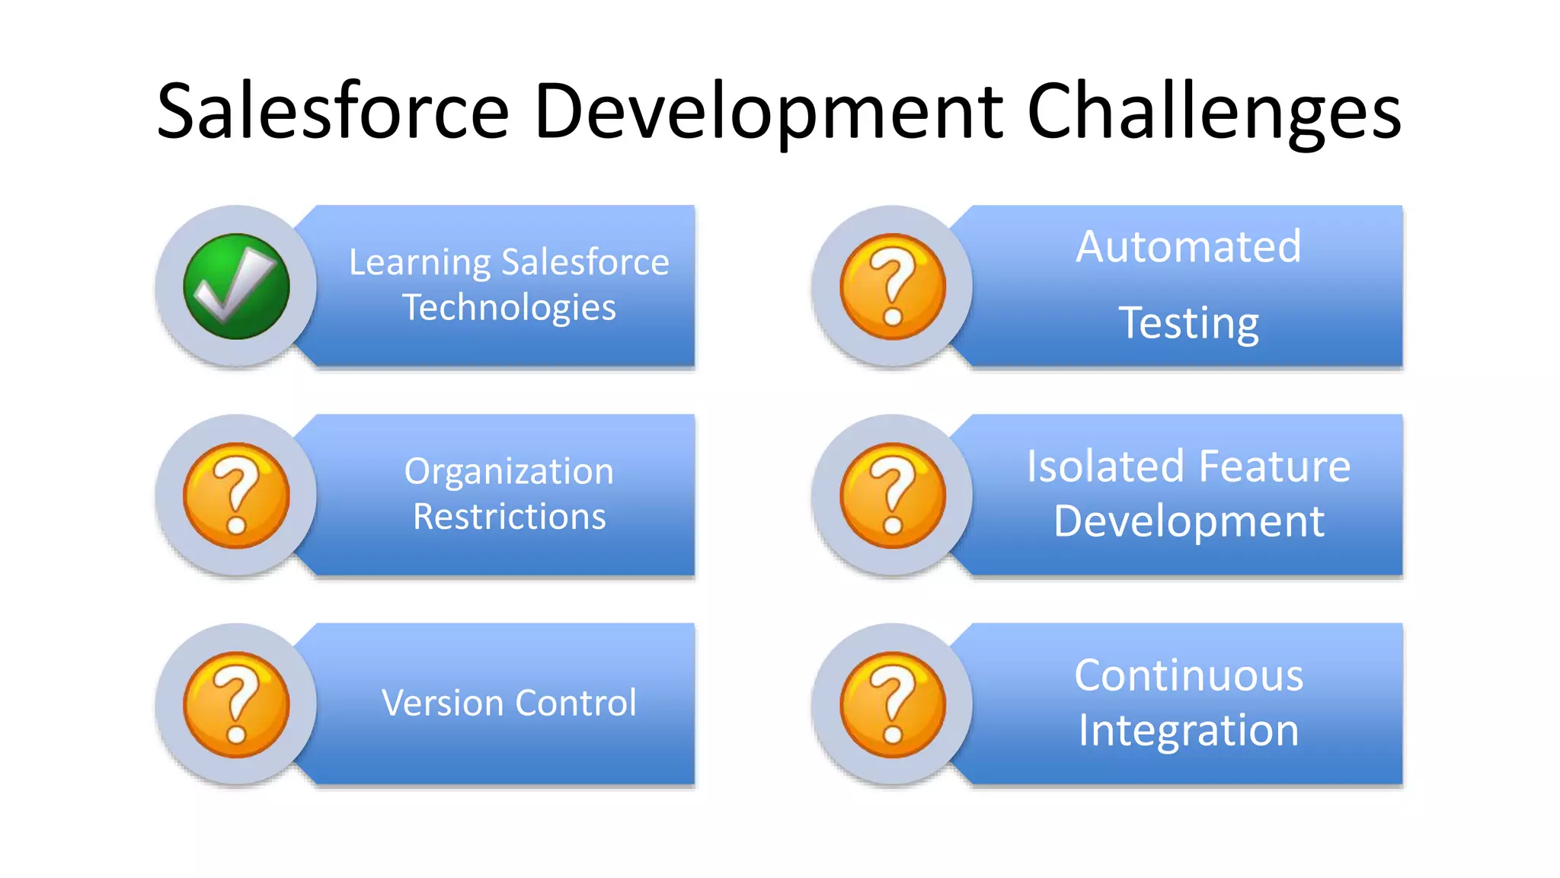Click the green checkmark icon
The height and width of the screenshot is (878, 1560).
[236, 287]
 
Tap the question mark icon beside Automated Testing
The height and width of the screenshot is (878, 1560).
[893, 287]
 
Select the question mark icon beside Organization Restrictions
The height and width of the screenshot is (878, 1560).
[236, 495]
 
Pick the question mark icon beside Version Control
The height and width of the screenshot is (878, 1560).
[236, 704]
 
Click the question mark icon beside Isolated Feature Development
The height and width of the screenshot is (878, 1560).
[893, 495]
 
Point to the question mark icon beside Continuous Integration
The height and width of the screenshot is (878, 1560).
[893, 704]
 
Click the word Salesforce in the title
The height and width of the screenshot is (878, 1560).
[333, 113]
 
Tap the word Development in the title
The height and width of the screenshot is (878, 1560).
[768, 113]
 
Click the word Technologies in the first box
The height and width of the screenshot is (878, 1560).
[509, 309]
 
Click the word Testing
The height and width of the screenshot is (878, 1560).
[1188, 323]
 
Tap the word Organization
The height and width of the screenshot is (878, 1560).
[509, 473]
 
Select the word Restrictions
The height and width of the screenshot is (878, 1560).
[509, 517]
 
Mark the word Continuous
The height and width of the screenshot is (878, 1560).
[1188, 675]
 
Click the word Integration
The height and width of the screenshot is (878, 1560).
[1188, 730]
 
